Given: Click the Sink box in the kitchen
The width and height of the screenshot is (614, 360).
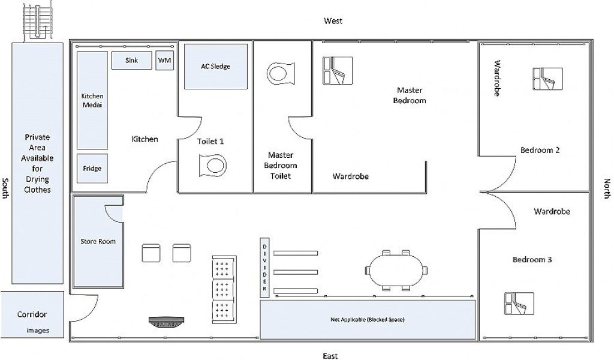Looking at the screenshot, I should coord(131,61).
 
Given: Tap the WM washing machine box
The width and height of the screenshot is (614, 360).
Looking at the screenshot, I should coord(164,61).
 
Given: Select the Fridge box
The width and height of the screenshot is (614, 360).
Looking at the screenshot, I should coord(92,169).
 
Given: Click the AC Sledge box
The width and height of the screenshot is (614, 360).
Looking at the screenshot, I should coord(215,66).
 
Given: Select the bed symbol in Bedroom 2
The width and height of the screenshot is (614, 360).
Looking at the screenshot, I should coord(547,79).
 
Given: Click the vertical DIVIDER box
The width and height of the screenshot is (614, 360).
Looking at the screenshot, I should coord(264,268).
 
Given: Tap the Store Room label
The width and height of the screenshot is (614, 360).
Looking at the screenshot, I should coord(98,242).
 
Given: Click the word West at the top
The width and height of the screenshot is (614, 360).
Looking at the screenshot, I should coord(333,21).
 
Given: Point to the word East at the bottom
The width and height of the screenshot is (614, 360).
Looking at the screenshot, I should coord(330,356).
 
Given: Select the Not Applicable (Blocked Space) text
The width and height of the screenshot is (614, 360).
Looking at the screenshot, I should coord(367,319).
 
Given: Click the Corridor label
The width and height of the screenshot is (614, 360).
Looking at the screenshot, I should coord(32,314).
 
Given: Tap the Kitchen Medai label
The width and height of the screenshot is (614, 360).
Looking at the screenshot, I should coord(92,101).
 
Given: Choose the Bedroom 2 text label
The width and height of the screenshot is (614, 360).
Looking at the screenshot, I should coord(540,150).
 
